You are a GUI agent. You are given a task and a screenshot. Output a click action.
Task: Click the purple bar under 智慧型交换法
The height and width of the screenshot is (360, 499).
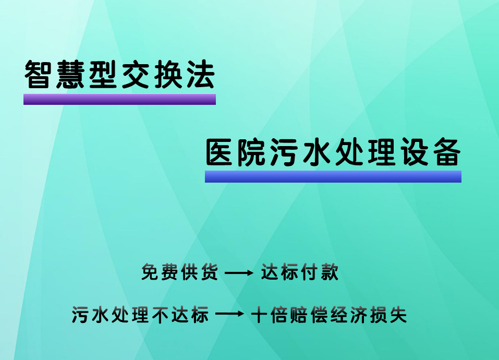[x=119, y=99]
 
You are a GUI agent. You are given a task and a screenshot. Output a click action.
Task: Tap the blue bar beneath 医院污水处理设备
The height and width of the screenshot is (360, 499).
[x=333, y=176]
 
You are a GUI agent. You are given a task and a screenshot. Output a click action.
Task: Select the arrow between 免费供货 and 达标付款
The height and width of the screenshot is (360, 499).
[x=238, y=273]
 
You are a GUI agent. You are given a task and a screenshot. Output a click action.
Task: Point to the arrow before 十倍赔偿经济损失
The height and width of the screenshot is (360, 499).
[x=229, y=315]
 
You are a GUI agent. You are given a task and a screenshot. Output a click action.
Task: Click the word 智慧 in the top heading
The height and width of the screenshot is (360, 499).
[x=55, y=75]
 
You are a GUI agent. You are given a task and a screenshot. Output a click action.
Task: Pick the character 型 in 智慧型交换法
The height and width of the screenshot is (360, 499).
[x=103, y=75]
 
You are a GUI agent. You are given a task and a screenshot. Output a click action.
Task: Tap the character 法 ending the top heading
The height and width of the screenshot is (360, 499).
[x=200, y=75]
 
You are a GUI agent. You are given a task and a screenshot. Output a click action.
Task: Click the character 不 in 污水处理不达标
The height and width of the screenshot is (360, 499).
[x=161, y=315]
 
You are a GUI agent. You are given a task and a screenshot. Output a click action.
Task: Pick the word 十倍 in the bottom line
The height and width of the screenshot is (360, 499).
[x=269, y=315]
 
